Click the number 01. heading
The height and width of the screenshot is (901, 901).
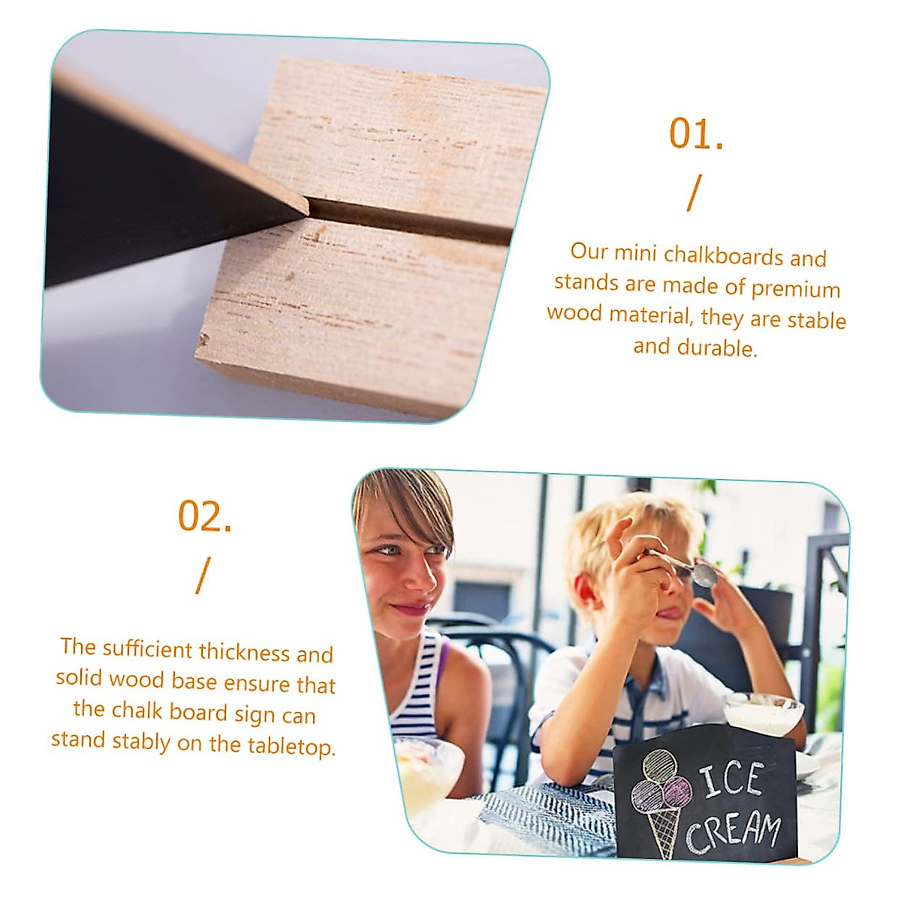[x=696, y=134]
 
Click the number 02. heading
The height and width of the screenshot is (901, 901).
[x=204, y=517]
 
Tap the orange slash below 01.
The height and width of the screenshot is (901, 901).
[x=695, y=193]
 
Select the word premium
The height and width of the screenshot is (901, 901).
[x=795, y=288]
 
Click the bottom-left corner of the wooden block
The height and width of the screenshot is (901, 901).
[x=202, y=342]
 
